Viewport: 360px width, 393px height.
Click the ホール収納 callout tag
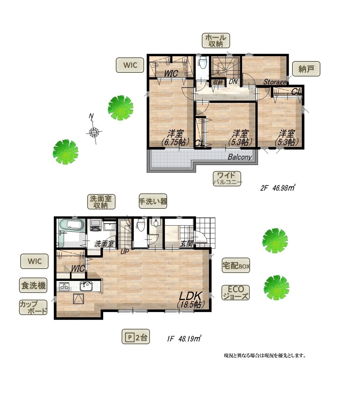tap(216, 41)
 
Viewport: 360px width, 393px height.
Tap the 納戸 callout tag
tap(306, 69)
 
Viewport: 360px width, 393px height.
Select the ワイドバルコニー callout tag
tap(227, 179)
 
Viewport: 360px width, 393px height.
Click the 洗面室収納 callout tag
tap(101, 202)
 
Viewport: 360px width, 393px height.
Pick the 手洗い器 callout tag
tap(153, 201)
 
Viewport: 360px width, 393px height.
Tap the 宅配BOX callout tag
tap(236, 265)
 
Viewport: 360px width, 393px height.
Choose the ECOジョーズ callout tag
tap(236, 293)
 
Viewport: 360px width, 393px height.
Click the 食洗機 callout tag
tap(33, 285)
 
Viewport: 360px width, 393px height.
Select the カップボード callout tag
tap(33, 307)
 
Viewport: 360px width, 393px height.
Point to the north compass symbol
tap(94, 130)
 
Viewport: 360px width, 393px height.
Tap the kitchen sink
tap(86, 286)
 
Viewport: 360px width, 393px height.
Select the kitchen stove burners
tap(64, 287)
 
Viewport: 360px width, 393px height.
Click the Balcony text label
tap(240, 157)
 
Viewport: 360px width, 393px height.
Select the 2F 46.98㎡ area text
tap(277, 188)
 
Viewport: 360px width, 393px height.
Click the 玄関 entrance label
tap(187, 244)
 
